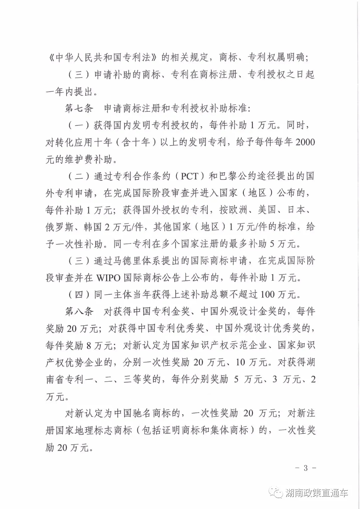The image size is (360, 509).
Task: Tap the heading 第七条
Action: coord(79,108)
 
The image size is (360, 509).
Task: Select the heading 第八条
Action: coord(79,312)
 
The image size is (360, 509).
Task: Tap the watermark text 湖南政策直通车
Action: coord(317,493)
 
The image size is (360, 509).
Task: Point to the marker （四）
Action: coord(79,295)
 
